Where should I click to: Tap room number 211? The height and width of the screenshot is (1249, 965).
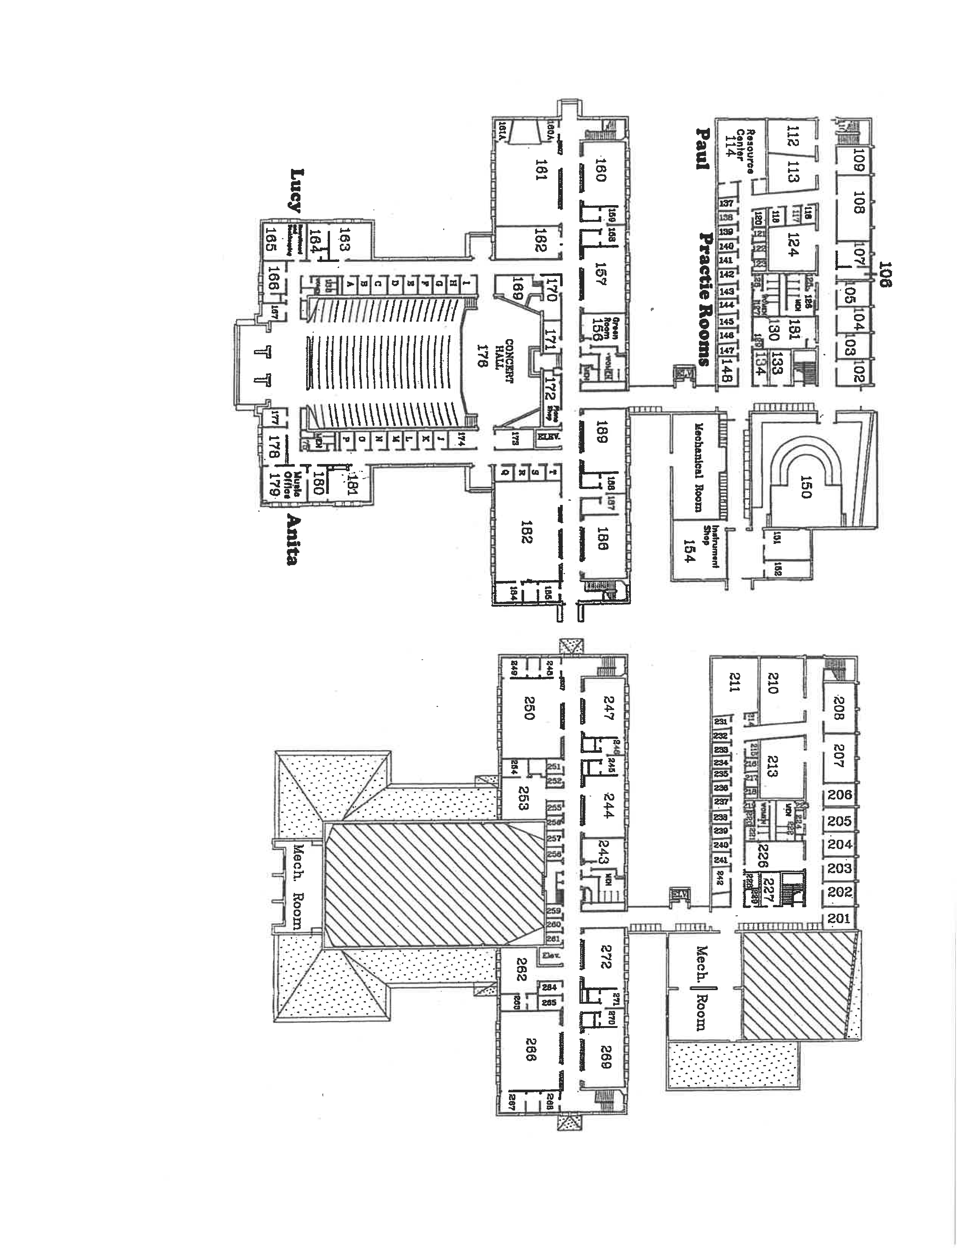[x=734, y=683]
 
